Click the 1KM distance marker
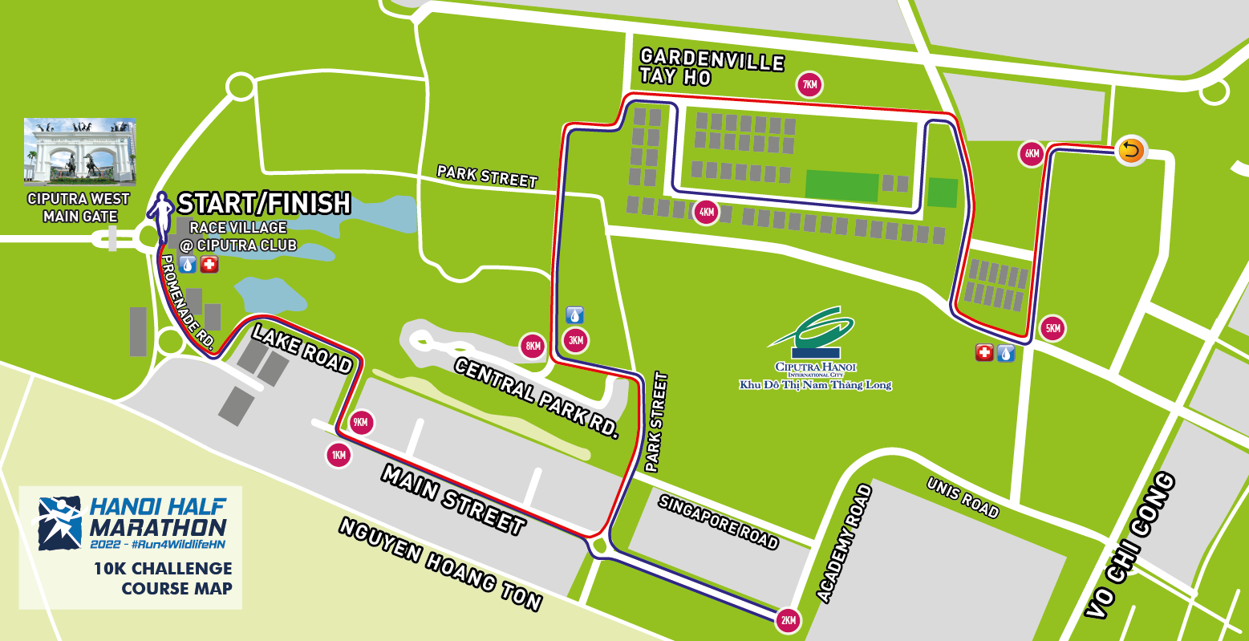point(339,456)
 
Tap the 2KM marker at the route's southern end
point(788,619)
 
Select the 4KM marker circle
point(706,213)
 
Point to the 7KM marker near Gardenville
point(809,84)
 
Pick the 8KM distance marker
point(533,347)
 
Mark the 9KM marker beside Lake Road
point(362,422)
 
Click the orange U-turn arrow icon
point(1130,150)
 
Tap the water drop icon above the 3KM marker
point(575,314)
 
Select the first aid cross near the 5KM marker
point(984,352)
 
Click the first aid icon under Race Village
point(209,264)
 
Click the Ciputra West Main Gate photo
point(79,152)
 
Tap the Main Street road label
point(453,499)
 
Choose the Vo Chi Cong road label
point(1132,546)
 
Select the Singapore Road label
point(718,521)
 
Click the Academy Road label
point(843,543)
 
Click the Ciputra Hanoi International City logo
point(815,349)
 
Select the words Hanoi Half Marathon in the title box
point(157,517)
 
